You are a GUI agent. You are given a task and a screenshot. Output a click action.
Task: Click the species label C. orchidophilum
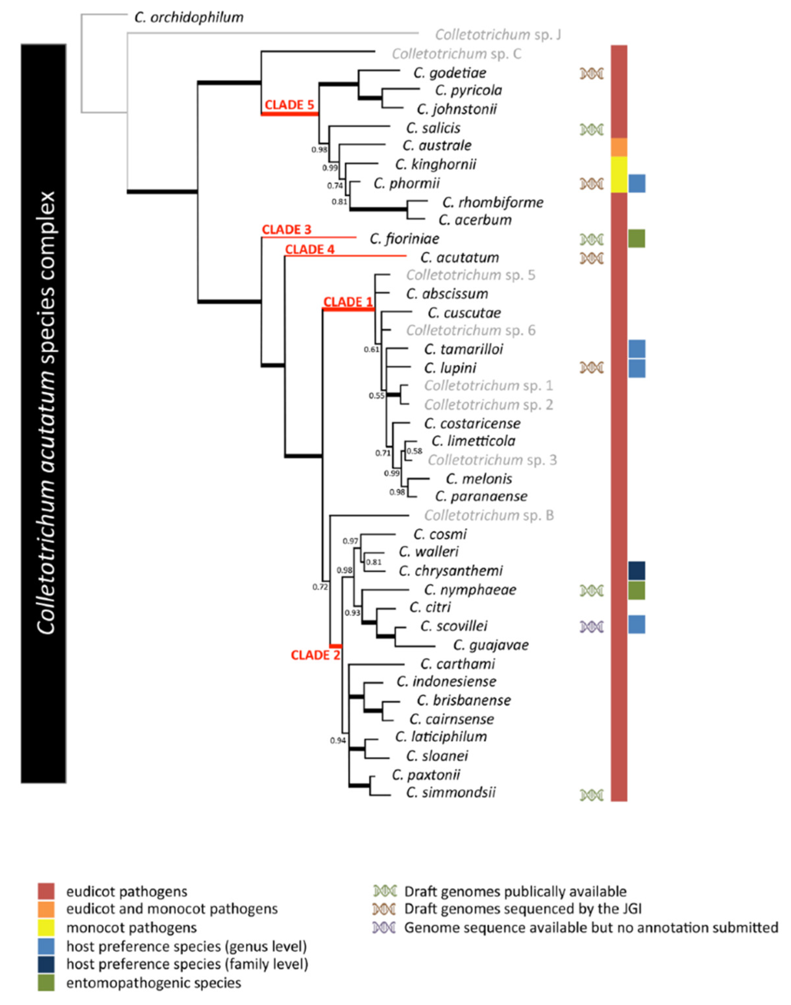click(x=189, y=18)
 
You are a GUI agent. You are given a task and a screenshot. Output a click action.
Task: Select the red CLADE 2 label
click(x=315, y=655)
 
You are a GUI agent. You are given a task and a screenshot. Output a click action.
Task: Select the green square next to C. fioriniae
click(x=636, y=239)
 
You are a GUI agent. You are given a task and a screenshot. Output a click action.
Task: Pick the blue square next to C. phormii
click(x=637, y=183)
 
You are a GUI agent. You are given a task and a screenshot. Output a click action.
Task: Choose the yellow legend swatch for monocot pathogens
click(x=46, y=928)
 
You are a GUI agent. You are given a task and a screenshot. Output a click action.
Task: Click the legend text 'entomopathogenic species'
click(x=153, y=983)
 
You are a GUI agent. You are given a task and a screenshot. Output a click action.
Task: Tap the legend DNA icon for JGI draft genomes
click(x=384, y=909)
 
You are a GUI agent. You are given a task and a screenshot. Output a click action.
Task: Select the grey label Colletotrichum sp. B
click(x=489, y=515)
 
